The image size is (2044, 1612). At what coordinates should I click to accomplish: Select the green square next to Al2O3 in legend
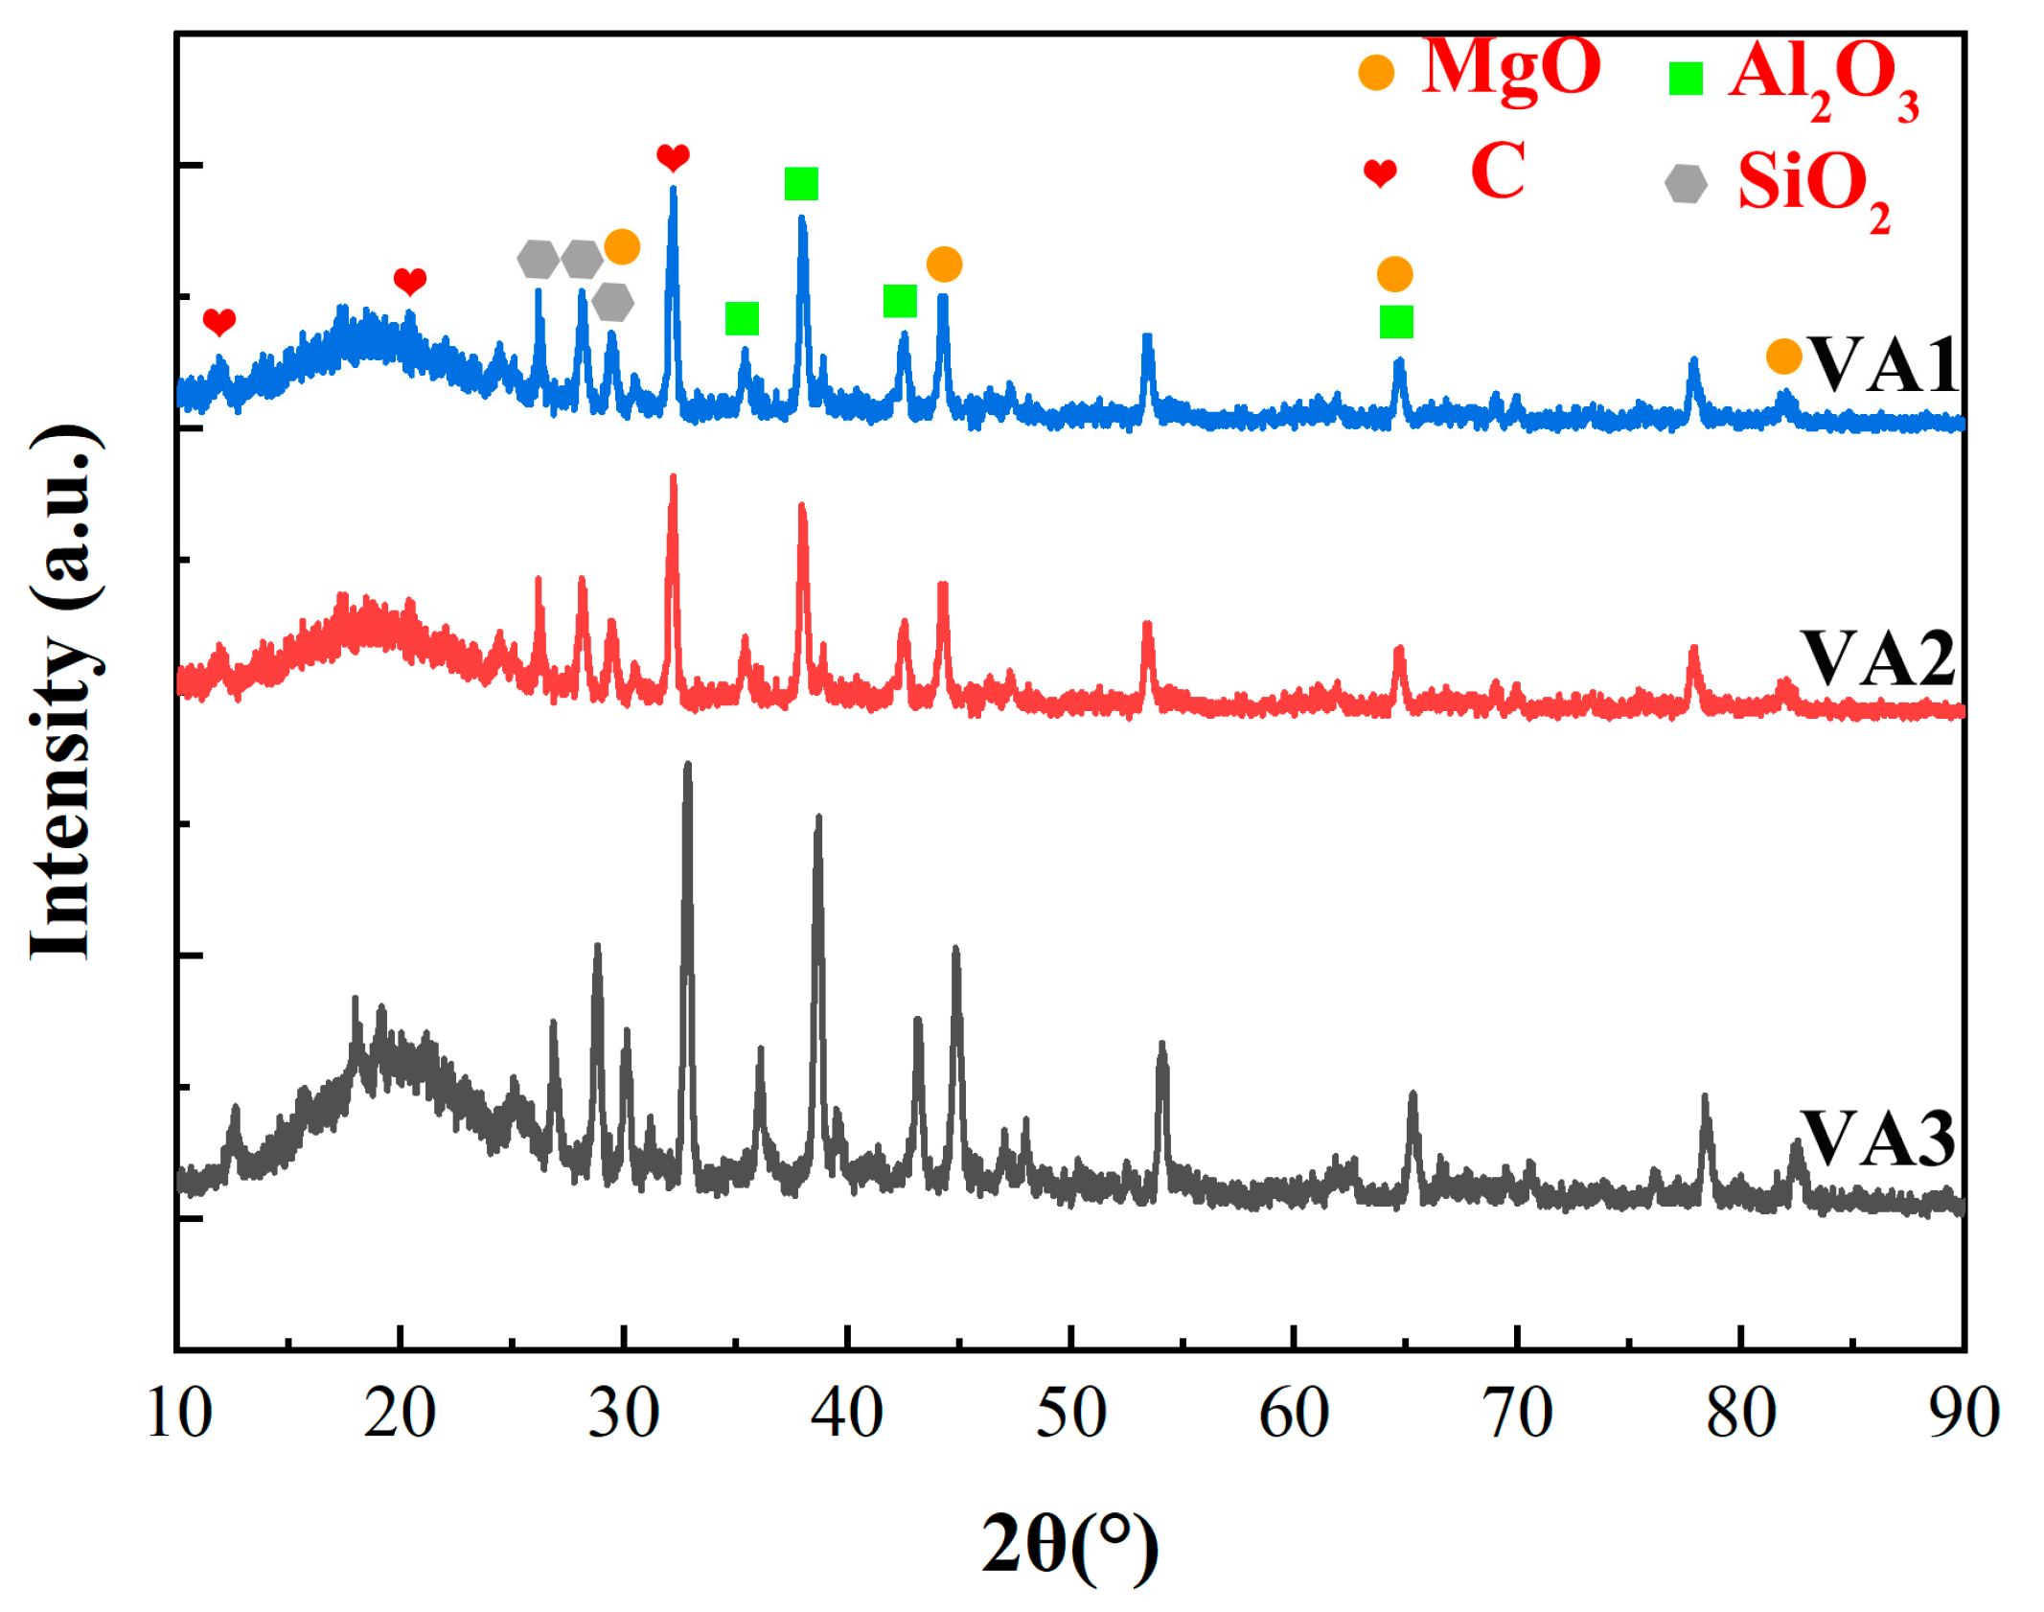point(1685,79)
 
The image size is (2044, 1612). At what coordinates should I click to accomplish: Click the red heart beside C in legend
point(1379,173)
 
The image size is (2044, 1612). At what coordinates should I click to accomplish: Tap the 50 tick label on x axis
point(1070,1413)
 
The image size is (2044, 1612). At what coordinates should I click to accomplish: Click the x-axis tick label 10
point(178,1413)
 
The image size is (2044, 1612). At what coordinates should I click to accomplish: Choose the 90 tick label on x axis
point(1963,1413)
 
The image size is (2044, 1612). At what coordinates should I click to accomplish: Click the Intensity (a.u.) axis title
point(65,692)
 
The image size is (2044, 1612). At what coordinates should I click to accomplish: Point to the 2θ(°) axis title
point(1069,1544)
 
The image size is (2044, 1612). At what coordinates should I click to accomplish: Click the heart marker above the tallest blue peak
point(673,157)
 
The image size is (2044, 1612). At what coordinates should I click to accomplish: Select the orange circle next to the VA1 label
point(1782,357)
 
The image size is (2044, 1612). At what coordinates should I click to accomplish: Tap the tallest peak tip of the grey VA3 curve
point(687,766)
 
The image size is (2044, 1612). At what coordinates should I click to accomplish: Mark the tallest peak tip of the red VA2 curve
point(673,476)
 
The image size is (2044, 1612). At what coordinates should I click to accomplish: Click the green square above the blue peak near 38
point(800,183)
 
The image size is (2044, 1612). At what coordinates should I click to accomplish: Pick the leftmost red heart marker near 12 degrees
point(219,322)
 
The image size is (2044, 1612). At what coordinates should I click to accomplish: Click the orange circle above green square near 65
point(1394,274)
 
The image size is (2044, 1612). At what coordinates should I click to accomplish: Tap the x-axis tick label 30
point(624,1413)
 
